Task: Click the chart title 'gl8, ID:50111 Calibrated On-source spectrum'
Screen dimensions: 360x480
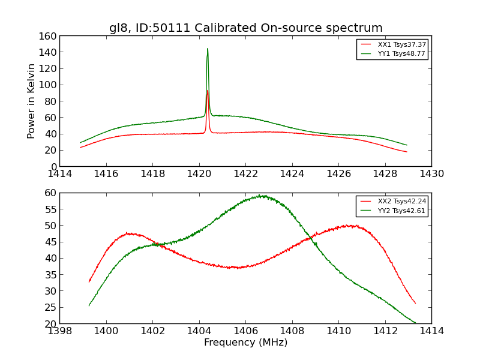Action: point(245,28)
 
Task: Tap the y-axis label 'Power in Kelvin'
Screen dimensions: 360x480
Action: point(31,101)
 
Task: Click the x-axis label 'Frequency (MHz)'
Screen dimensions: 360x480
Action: point(245,343)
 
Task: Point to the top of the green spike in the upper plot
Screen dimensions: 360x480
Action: point(208,49)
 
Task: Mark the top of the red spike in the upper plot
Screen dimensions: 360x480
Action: point(208,91)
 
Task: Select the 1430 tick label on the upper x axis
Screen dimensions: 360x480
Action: point(431,174)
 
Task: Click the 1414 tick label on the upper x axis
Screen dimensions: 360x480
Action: point(59,174)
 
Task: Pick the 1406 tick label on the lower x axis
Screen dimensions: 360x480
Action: point(245,331)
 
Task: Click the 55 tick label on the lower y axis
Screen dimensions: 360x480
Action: point(49,209)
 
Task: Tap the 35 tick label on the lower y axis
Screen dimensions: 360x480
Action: point(49,275)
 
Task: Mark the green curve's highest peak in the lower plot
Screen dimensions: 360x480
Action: point(262,196)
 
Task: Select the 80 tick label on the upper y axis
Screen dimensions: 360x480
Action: point(49,101)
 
